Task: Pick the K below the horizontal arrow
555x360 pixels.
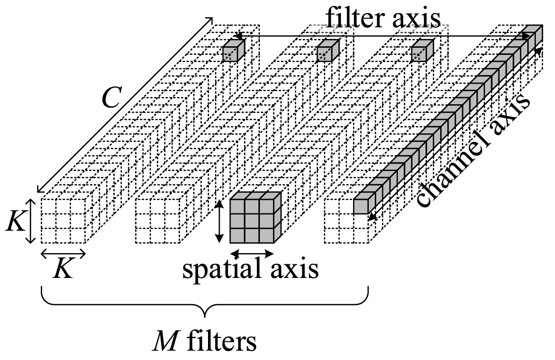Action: [x=63, y=269]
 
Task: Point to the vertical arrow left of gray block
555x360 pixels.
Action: [x=219, y=222]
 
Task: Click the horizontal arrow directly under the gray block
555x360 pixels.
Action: [x=252, y=253]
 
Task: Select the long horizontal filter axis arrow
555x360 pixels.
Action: [x=383, y=35]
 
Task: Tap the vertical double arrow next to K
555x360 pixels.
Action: [x=31, y=221]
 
